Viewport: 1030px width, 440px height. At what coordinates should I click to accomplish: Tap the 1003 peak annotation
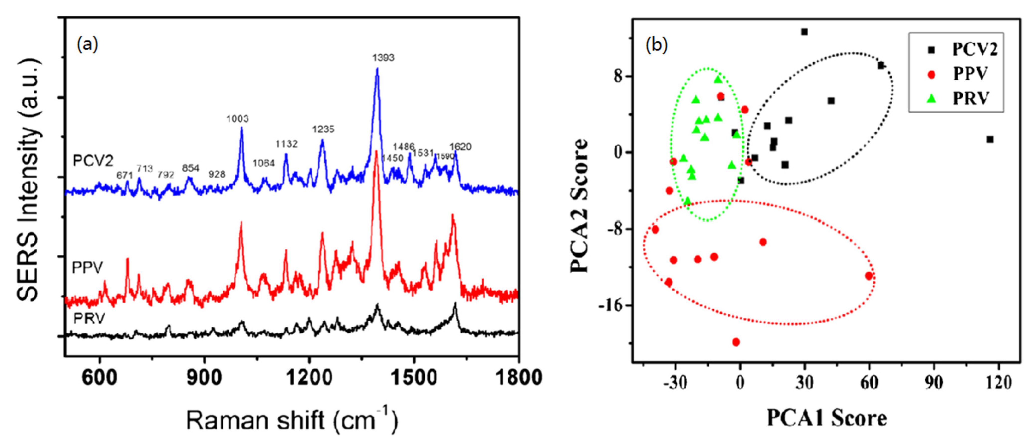pyautogui.click(x=237, y=118)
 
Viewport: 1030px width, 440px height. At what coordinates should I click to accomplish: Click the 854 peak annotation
pyautogui.click(x=191, y=168)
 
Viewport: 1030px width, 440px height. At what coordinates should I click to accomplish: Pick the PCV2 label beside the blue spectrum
pyautogui.click(x=93, y=161)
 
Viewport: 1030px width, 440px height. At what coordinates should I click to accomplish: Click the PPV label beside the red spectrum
pyautogui.click(x=87, y=268)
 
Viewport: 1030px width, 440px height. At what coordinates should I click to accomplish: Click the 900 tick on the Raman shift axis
pyautogui.click(x=204, y=378)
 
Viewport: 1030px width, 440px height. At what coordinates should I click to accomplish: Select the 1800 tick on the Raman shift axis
pyautogui.click(x=518, y=378)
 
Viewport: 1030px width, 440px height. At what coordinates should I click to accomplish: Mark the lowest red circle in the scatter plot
pyautogui.click(x=736, y=342)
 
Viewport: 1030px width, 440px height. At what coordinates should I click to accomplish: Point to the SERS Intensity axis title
pyautogui.click(x=29, y=180)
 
